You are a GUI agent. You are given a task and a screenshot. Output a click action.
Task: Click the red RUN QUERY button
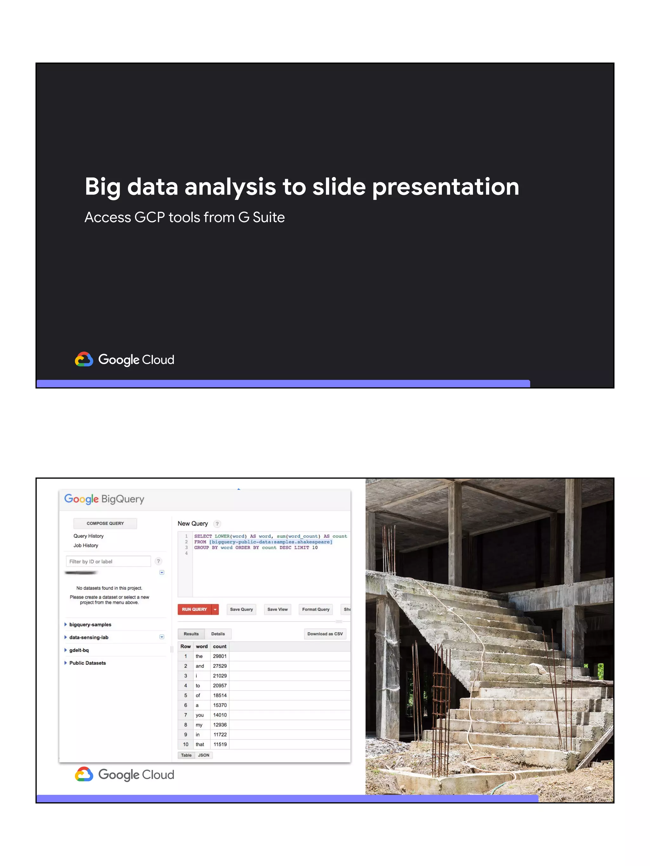pyautogui.click(x=194, y=609)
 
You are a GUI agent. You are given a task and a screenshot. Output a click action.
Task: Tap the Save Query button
pyautogui.click(x=241, y=609)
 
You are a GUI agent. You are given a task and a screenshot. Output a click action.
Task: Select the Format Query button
pyautogui.click(x=315, y=609)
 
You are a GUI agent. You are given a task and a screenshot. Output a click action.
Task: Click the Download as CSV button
pyautogui.click(x=325, y=634)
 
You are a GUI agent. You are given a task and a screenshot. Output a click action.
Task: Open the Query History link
pyautogui.click(x=89, y=536)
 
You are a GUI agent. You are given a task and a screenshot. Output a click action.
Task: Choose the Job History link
pyautogui.click(x=86, y=545)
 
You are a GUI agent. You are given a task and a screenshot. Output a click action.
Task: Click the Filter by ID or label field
pyautogui.click(x=108, y=561)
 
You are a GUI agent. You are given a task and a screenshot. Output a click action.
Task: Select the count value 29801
pyautogui.click(x=220, y=656)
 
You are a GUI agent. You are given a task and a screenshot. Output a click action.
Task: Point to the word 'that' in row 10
pyautogui.click(x=200, y=744)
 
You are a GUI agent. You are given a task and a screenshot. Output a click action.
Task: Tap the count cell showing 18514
pyautogui.click(x=220, y=695)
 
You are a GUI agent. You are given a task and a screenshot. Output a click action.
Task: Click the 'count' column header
pyautogui.click(x=220, y=646)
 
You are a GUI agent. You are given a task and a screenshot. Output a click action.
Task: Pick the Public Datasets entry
pyautogui.click(x=87, y=663)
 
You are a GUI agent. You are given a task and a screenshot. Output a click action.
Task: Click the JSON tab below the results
pyautogui.click(x=203, y=755)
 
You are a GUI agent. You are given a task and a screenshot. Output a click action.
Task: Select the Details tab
pyautogui.click(x=218, y=634)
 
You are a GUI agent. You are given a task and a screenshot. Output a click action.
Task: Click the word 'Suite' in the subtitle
pyautogui.click(x=269, y=217)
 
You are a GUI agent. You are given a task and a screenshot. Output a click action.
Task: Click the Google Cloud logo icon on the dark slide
pyautogui.click(x=84, y=359)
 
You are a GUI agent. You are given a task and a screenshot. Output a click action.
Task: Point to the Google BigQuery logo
pyautogui.click(x=104, y=499)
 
